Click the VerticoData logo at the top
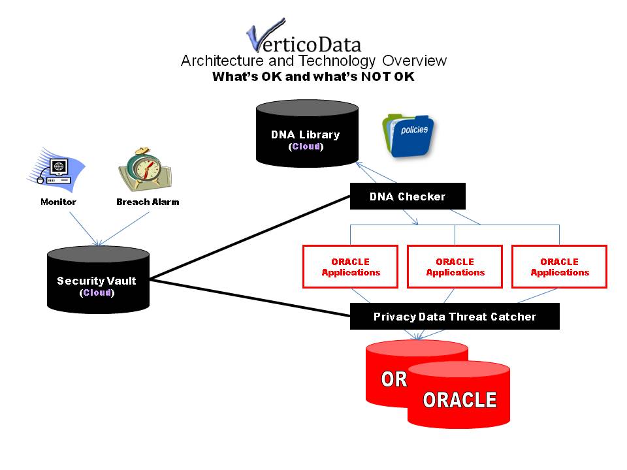[x=304, y=36]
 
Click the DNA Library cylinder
[x=307, y=133]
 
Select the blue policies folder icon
[x=408, y=136]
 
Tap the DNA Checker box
[x=408, y=196]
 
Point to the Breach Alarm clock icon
[x=146, y=169]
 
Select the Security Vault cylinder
[x=99, y=280]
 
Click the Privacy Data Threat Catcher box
[x=455, y=316]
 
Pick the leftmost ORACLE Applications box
[x=350, y=266]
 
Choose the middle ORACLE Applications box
[x=455, y=266]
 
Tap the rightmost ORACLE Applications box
[x=560, y=266]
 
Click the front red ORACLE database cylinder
[x=458, y=396]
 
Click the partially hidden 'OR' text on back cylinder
[x=394, y=379]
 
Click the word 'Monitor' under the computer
[x=58, y=202]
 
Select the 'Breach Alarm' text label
[x=148, y=202]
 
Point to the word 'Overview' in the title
[x=414, y=61]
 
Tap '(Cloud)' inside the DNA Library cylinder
[x=306, y=146]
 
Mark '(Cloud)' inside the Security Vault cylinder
[x=97, y=292]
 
